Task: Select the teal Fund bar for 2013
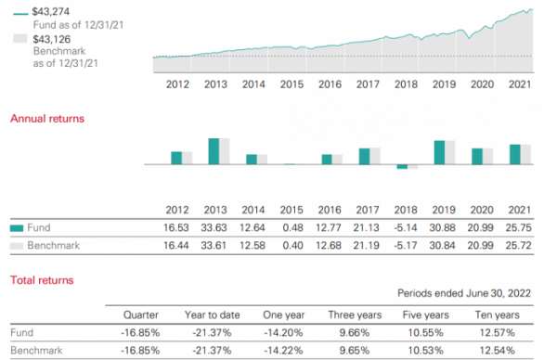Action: tap(213, 151)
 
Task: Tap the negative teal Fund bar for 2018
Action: tap(402, 167)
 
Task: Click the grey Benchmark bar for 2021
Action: tap(525, 154)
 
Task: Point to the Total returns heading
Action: tap(41, 279)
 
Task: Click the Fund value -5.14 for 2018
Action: tap(407, 227)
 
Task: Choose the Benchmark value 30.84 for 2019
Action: tap(445, 246)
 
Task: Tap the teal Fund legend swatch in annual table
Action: tap(17, 227)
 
